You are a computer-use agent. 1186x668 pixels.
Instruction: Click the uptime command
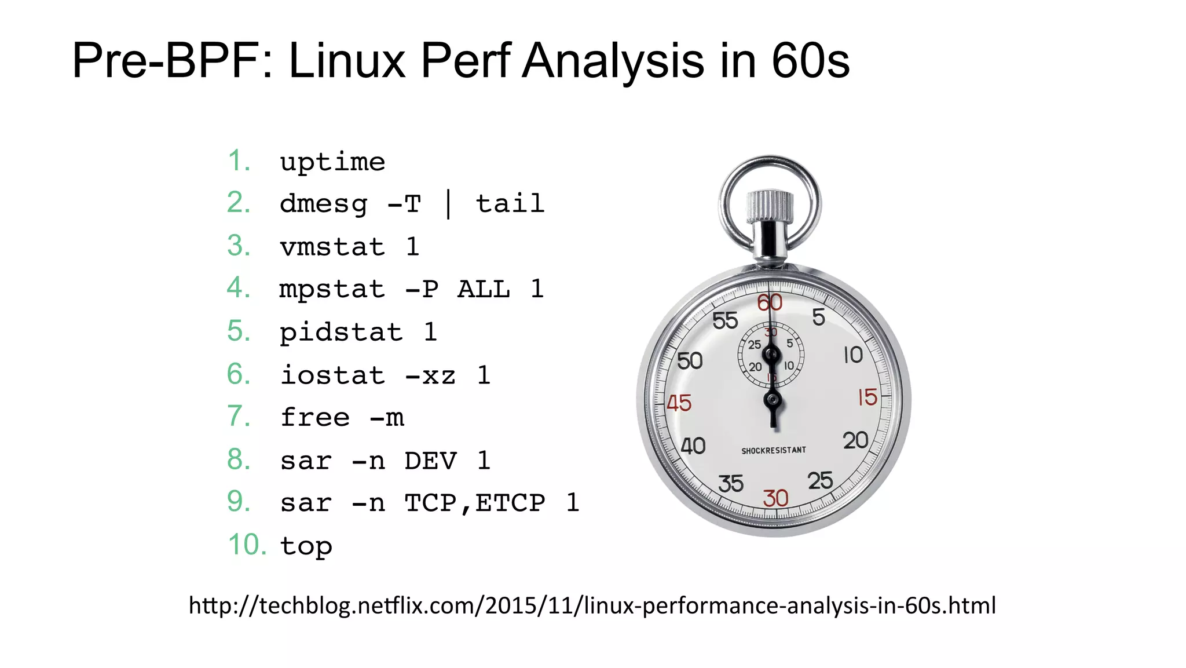(x=332, y=162)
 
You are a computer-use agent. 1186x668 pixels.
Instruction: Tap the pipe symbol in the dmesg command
(x=449, y=204)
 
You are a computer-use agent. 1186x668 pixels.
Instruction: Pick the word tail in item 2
(x=510, y=204)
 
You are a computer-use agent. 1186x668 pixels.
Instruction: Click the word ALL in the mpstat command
(x=484, y=289)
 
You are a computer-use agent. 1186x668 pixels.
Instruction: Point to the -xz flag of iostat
(x=430, y=375)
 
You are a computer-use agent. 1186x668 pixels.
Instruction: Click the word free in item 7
(x=315, y=418)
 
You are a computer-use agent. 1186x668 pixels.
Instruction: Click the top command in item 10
(x=306, y=546)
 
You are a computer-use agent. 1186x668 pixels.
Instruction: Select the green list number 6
(x=239, y=374)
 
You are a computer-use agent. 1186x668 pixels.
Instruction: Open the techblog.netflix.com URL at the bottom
(x=592, y=605)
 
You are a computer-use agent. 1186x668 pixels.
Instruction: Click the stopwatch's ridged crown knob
(x=770, y=206)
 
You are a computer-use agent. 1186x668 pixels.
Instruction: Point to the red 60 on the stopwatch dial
(x=770, y=302)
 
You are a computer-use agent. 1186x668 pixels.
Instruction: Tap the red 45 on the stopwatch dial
(x=679, y=403)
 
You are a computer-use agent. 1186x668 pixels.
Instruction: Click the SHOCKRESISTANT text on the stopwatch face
(x=774, y=450)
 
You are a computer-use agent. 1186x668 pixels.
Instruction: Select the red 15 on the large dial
(x=867, y=397)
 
